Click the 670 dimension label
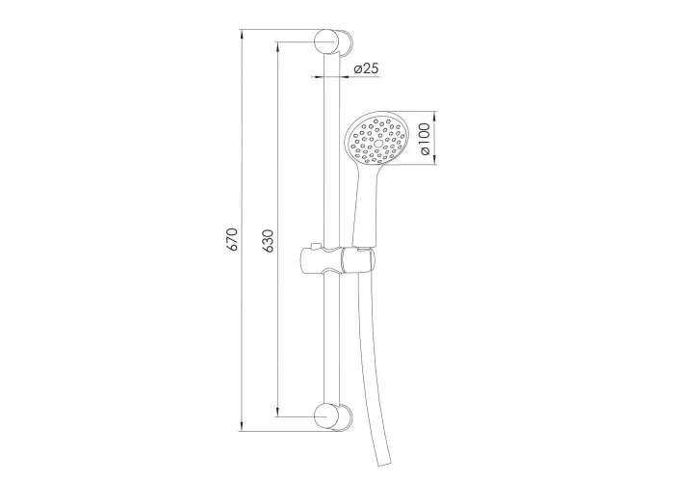click(x=232, y=240)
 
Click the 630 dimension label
click(x=268, y=241)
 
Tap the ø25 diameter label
click(x=366, y=68)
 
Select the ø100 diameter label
click(x=424, y=139)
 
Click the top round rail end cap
click(x=326, y=41)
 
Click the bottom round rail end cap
click(x=326, y=416)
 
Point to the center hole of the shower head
click(x=378, y=143)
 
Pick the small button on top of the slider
click(x=315, y=247)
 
